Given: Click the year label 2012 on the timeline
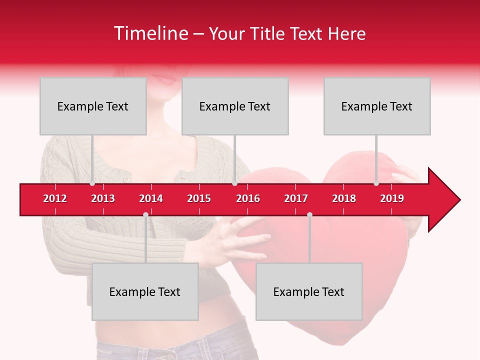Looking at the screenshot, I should [x=55, y=198].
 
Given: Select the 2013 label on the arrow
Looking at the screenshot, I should [x=103, y=198].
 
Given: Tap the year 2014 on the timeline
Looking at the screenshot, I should [x=151, y=198].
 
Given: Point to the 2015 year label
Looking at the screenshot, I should [x=199, y=198].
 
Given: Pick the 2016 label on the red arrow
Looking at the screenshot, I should [x=248, y=198].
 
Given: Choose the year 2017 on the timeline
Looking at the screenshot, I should [x=296, y=198].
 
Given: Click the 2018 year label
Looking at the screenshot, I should [x=344, y=198].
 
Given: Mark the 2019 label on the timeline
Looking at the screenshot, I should [x=392, y=198].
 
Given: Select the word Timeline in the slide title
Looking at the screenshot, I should [x=150, y=33].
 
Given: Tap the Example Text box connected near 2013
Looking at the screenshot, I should [x=93, y=106].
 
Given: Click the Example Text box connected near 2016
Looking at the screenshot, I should [x=235, y=106].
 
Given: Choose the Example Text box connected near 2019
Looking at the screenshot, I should [x=377, y=106].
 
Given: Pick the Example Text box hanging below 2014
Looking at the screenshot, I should [x=145, y=291].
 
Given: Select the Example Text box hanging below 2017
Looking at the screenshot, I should [x=309, y=291].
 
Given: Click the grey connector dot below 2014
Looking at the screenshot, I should [x=145, y=214].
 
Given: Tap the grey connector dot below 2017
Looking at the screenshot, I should [x=309, y=214].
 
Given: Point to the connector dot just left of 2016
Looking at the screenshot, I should [x=234, y=183].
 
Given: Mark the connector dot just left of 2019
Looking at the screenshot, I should [x=376, y=183].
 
